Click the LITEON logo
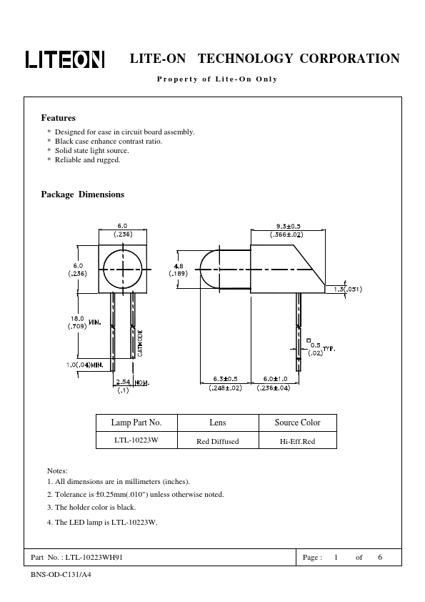tap(65, 59)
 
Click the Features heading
tap(59, 118)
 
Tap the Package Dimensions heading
tap(82, 194)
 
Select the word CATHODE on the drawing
tap(140, 343)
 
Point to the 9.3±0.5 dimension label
tap(288, 227)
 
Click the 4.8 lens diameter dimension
tap(179, 266)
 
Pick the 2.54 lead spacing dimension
tap(123, 382)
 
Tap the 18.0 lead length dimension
tap(77, 318)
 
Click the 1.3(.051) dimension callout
tap(348, 289)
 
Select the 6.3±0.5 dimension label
tap(225, 379)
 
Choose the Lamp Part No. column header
tap(136, 423)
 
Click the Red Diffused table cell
tap(217, 442)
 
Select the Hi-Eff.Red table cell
tap(297, 442)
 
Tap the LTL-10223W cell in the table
tap(136, 440)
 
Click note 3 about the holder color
tap(91, 508)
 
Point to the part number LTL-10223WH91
tap(94, 558)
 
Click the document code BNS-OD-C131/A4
tap(61, 575)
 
